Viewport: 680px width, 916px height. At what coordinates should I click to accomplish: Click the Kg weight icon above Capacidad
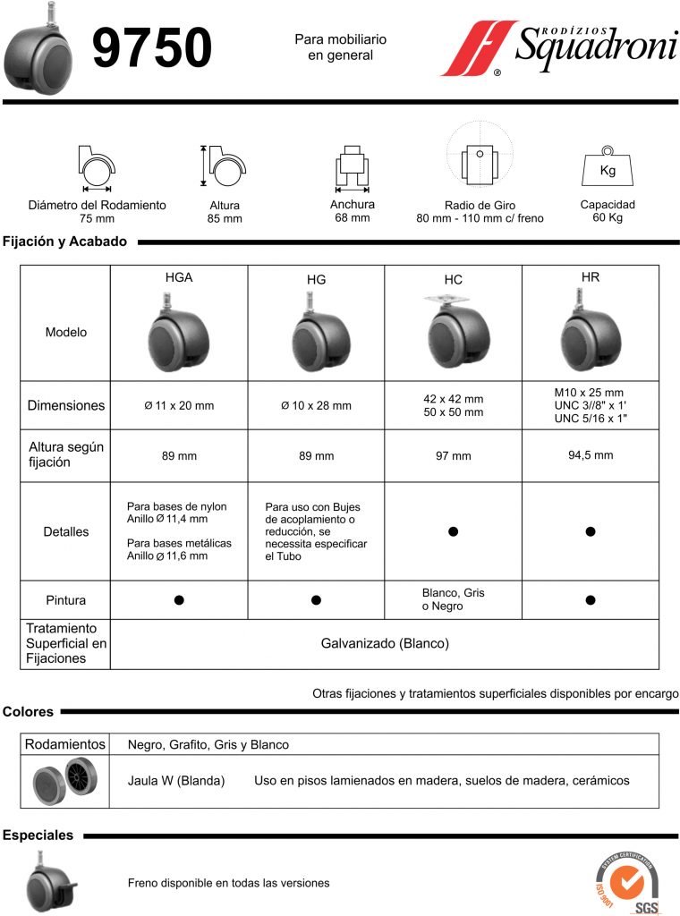[608, 168]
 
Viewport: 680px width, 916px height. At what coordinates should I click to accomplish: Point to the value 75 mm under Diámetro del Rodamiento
[97, 218]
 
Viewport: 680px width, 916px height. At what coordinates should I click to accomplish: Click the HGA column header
[179, 278]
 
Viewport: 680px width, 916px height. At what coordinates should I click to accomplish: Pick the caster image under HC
[453, 335]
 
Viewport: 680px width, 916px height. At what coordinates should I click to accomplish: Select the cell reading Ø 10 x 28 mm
[316, 406]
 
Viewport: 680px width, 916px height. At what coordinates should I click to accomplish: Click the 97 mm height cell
[453, 456]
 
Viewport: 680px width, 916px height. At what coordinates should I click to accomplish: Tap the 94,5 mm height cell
[590, 455]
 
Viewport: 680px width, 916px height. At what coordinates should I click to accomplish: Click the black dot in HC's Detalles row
[453, 531]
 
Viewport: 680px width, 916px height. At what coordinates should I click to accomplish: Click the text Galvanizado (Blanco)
[385, 643]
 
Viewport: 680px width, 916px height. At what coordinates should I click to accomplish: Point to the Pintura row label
[66, 599]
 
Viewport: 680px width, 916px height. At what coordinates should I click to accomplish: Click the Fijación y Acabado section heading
[64, 242]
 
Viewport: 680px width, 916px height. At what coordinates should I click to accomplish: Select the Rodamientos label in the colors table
[65, 744]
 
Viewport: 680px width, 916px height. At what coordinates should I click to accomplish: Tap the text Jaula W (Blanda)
[176, 781]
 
